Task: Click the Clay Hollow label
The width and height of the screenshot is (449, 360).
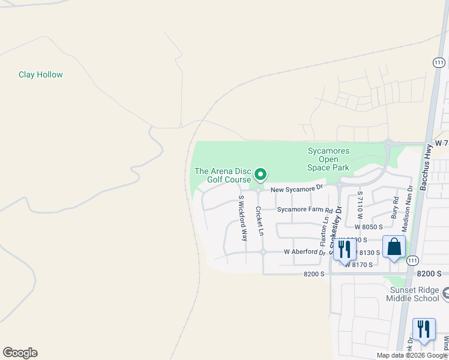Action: [x=41, y=75]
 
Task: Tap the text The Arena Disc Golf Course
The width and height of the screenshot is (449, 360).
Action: [x=222, y=175]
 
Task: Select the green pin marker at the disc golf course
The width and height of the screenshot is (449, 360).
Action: [x=261, y=175]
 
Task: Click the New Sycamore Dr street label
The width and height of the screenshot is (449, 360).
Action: [x=297, y=189]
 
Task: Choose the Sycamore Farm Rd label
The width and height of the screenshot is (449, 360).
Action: [x=304, y=210]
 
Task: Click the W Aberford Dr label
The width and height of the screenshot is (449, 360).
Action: [x=304, y=253]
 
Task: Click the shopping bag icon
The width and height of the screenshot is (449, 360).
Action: [x=394, y=247]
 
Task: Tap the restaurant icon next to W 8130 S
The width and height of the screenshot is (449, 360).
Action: [x=345, y=249]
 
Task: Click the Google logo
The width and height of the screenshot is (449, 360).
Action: [x=20, y=353]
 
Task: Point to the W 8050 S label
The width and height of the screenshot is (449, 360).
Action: [x=368, y=227]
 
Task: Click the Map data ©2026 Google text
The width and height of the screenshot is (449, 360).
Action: [x=412, y=355]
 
